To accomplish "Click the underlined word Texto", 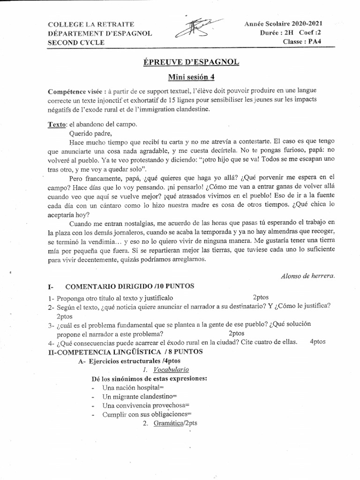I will click(57, 125).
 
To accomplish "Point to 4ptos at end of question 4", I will click(317, 342).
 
